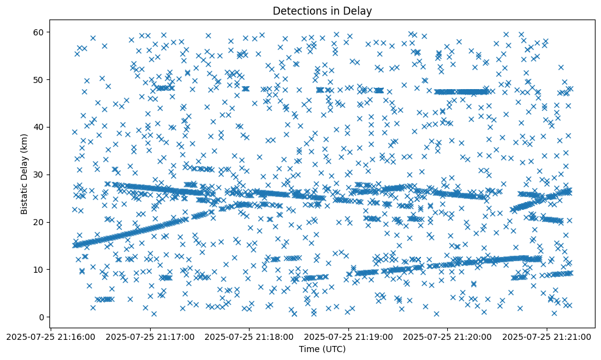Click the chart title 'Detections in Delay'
tap(322, 11)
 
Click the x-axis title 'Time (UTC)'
tap(322, 349)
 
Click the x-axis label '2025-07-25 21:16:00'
tap(51, 336)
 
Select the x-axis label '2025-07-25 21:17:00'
tap(150, 336)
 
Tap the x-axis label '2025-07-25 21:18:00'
tap(250, 336)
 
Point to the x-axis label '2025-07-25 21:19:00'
tap(349, 336)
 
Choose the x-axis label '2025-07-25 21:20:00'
tap(448, 336)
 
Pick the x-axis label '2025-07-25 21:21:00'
tap(547, 336)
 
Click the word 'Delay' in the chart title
tap(359, 11)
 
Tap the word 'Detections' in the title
tap(299, 11)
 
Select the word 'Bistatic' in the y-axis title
tap(24, 196)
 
